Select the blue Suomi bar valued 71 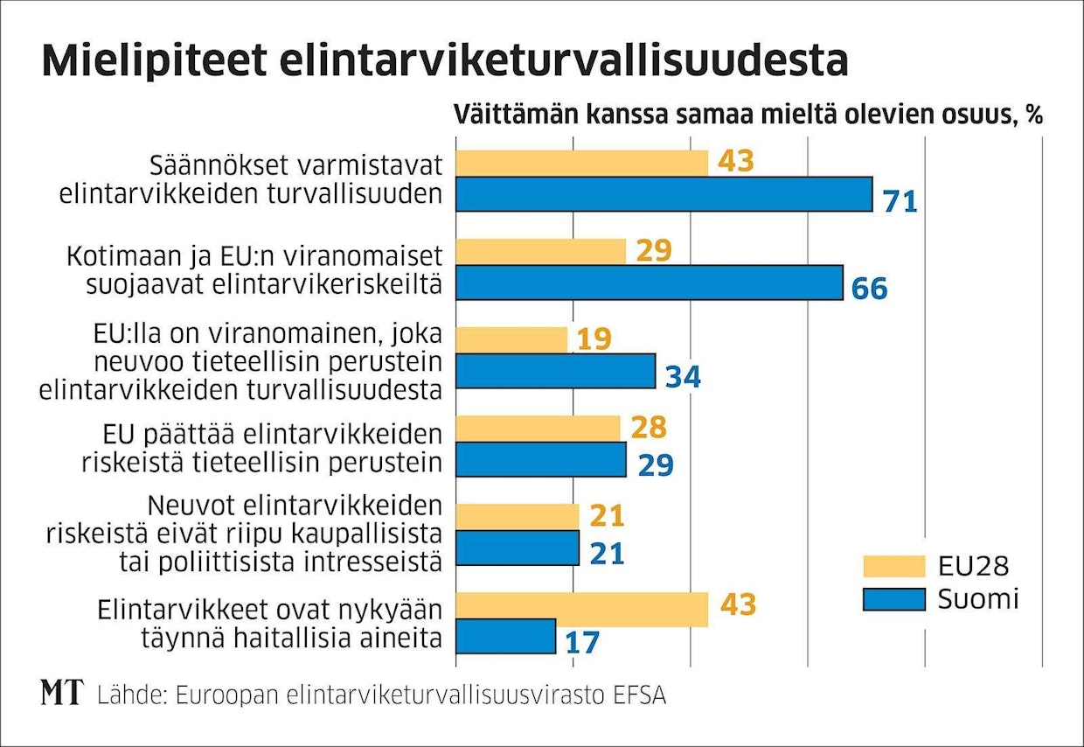664,194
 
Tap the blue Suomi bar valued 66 650,283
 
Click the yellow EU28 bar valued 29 541,251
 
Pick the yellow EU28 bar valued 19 512,339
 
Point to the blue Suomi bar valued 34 555,371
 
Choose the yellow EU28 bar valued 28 539,428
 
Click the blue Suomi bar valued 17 506,636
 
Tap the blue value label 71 899,201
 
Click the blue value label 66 869,289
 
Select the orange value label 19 594,339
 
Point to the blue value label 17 581,642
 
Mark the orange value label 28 648,428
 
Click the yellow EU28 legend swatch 893,566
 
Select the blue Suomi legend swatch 893,599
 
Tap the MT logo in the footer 62,693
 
